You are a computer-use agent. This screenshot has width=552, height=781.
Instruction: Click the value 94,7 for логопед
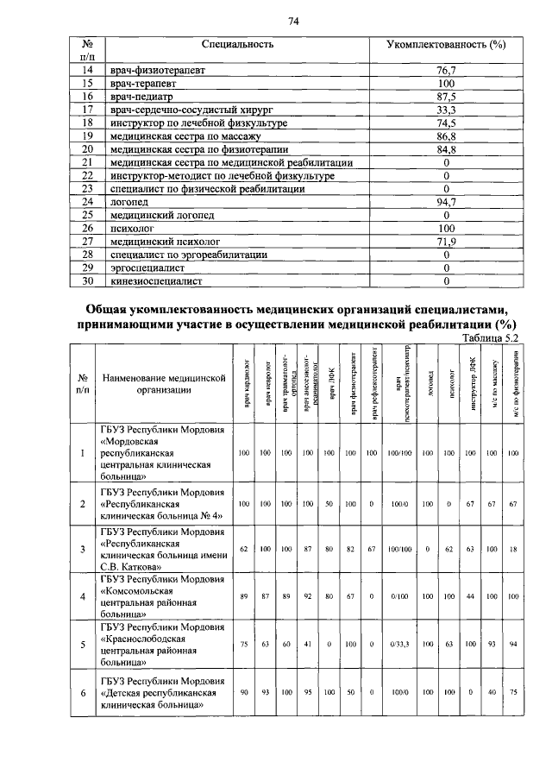446,200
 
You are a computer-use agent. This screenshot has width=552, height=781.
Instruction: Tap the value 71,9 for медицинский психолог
446,242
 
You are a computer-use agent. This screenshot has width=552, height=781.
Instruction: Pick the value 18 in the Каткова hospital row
513,547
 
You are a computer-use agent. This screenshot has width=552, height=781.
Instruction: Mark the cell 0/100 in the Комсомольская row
399,595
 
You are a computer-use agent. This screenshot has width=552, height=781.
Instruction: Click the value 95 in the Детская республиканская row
308,691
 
